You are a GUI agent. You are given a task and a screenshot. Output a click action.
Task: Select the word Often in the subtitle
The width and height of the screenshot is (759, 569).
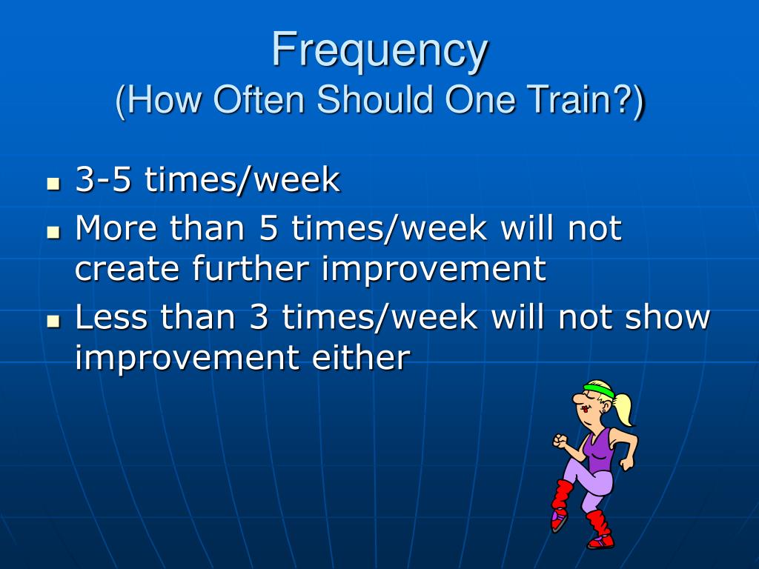pyautogui.click(x=259, y=100)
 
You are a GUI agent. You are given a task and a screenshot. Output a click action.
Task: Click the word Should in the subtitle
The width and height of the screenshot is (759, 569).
pyautogui.click(x=374, y=100)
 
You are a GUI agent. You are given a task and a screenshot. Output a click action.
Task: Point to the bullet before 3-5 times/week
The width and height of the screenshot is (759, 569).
pyautogui.click(x=53, y=184)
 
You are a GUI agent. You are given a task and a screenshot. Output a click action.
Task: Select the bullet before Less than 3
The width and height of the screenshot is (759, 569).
pyautogui.click(x=53, y=322)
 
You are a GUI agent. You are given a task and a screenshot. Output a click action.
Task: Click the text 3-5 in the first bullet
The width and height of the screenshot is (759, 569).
pyautogui.click(x=103, y=179)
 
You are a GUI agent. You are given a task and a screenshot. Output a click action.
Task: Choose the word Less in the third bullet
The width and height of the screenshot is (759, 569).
pyautogui.click(x=111, y=317)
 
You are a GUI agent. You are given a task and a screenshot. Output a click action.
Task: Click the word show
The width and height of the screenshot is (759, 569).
pyautogui.click(x=667, y=317)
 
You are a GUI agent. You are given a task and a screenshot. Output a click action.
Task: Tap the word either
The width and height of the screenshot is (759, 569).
pyautogui.click(x=361, y=358)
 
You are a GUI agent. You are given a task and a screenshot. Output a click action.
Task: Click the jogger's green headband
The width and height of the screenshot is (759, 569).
pyautogui.click(x=598, y=390)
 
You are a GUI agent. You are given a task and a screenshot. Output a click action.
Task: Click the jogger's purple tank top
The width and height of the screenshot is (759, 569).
pyautogui.click(x=598, y=450)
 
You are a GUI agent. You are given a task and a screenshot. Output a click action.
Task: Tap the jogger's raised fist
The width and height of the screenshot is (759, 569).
pyautogui.click(x=560, y=441)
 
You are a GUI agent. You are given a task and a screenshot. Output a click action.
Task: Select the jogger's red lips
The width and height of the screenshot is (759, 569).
pyautogui.click(x=586, y=408)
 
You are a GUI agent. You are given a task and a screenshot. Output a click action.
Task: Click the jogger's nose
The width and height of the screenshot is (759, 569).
pyautogui.click(x=577, y=399)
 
